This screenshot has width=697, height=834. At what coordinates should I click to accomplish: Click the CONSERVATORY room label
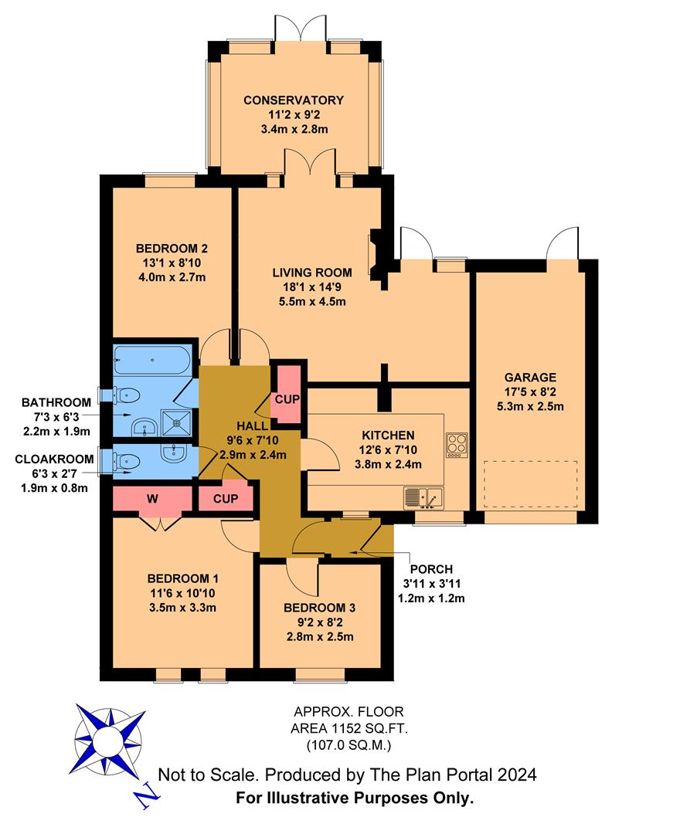[293, 100]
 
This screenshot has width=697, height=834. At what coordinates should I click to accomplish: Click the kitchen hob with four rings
[456, 444]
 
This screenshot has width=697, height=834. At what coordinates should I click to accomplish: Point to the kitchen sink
[423, 498]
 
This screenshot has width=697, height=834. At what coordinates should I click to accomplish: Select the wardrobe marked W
[152, 499]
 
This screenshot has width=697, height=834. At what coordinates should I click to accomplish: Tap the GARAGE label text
[530, 378]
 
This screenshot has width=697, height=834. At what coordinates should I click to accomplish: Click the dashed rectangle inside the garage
[530, 483]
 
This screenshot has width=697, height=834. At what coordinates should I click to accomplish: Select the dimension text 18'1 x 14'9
[311, 286]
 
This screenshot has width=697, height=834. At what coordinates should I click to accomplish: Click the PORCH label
[432, 569]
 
